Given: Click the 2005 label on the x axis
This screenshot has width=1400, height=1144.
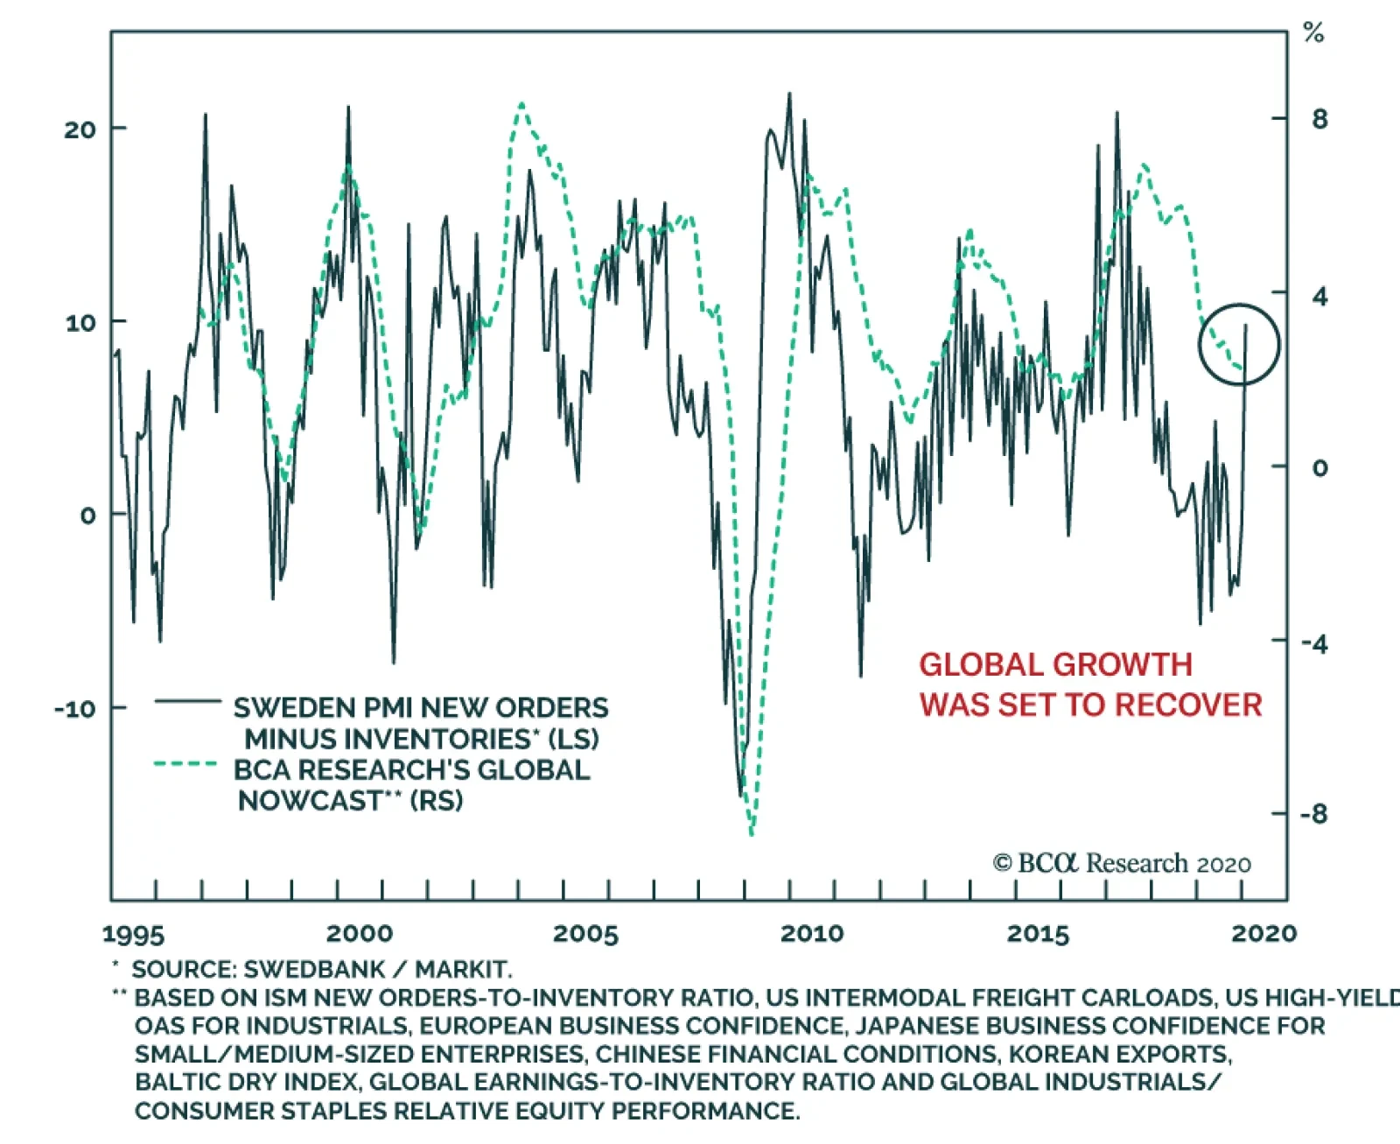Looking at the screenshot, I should [x=585, y=934].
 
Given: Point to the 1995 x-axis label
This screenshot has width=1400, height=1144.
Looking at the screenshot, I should [x=133, y=934].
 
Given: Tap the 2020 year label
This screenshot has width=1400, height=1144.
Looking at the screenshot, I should [x=1263, y=934].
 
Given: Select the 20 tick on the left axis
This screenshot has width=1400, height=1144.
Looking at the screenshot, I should [x=80, y=130].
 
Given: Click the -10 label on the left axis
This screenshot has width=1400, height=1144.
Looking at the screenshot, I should [x=74, y=708].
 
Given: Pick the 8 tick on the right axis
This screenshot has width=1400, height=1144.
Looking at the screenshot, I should [x=1319, y=119].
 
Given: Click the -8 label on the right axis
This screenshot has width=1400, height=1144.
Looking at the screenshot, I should [x=1313, y=814].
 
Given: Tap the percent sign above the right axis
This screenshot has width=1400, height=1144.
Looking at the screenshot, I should [x=1313, y=34].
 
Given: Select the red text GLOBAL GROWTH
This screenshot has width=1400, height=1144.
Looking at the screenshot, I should [x=1055, y=665].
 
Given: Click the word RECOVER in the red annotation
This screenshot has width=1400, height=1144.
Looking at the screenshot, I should [x=1202, y=705].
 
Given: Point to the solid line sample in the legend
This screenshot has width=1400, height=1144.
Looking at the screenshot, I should [x=187, y=701].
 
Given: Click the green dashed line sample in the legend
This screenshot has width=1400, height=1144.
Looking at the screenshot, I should [x=185, y=764].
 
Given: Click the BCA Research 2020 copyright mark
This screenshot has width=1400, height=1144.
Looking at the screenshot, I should [x=1122, y=863].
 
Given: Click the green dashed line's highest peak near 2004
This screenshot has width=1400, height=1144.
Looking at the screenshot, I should [x=521, y=105].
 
